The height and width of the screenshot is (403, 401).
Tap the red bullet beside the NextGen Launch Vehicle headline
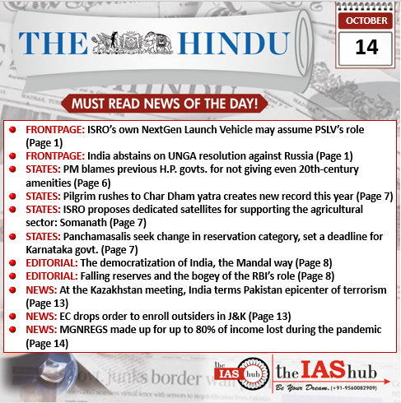pos(14,130)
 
